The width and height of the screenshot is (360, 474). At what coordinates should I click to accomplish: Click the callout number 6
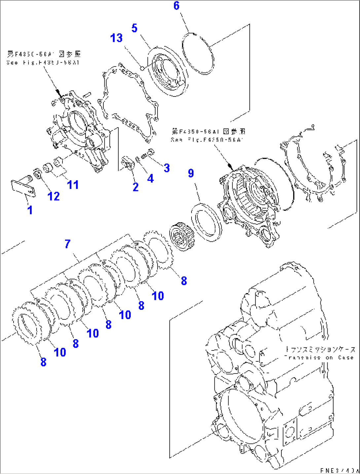point(176,6)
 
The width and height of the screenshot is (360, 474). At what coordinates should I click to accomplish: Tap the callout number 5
point(134,28)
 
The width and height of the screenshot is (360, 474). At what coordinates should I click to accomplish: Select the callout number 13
point(116,38)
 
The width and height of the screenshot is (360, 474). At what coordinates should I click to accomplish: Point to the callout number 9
point(191,173)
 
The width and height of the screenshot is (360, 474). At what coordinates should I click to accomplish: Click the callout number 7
point(68,244)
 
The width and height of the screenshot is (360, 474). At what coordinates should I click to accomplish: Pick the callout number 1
point(30,210)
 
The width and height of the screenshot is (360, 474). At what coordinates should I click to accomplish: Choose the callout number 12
point(54,196)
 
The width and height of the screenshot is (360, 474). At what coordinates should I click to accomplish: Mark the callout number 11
point(73,185)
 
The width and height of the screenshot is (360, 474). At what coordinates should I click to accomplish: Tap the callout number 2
point(135,187)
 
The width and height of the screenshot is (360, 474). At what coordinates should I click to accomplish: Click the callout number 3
point(167,168)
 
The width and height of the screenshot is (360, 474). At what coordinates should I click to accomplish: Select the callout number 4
point(151,178)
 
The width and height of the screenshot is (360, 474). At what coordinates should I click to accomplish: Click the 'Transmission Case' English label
point(319,358)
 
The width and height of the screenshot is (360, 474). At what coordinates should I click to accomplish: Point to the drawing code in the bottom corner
point(339,470)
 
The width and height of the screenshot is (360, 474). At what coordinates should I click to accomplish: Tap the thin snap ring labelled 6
point(198,53)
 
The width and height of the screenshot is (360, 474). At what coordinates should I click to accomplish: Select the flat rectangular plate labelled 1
point(23,188)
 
